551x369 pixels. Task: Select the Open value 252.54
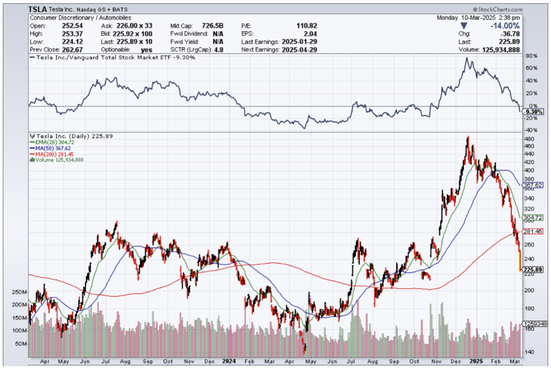71,26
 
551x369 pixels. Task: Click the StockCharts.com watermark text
499,9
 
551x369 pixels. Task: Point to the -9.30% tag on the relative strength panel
533,112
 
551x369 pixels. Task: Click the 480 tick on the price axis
529,139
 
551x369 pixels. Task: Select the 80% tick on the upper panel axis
530,56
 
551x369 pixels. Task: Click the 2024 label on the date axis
230,362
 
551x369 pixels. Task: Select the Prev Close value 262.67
71,50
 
